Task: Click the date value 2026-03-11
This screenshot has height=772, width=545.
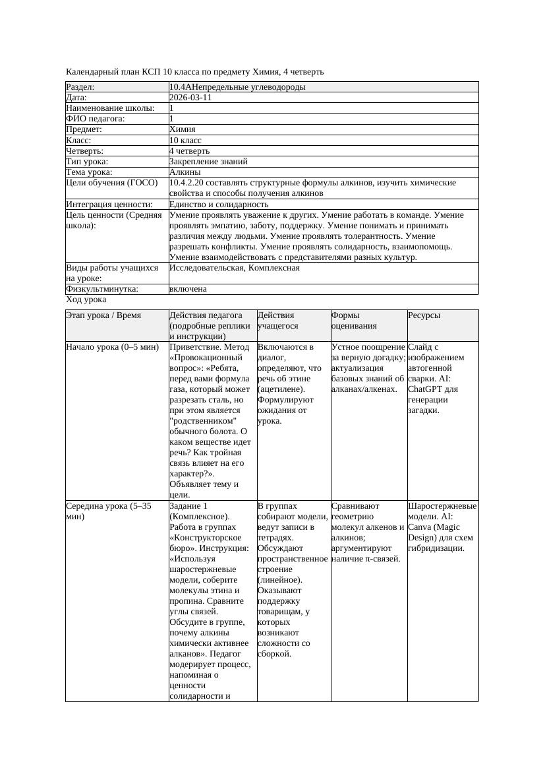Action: click(190, 98)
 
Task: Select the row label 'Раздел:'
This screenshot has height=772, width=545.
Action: click(80, 87)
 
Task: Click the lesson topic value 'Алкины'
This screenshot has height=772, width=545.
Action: click(185, 172)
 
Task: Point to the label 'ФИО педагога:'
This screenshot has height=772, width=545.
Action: click(96, 119)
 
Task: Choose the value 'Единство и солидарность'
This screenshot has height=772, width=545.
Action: click(218, 205)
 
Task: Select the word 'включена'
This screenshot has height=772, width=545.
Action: click(188, 289)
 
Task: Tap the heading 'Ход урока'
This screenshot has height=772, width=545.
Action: click(86, 300)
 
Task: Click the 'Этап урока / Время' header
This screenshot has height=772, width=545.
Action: click(103, 316)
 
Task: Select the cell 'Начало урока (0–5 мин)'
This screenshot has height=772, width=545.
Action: click(112, 347)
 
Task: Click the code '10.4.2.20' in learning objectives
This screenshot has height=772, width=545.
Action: click(188, 183)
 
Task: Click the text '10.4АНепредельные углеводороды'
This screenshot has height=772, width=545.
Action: click(237, 87)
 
